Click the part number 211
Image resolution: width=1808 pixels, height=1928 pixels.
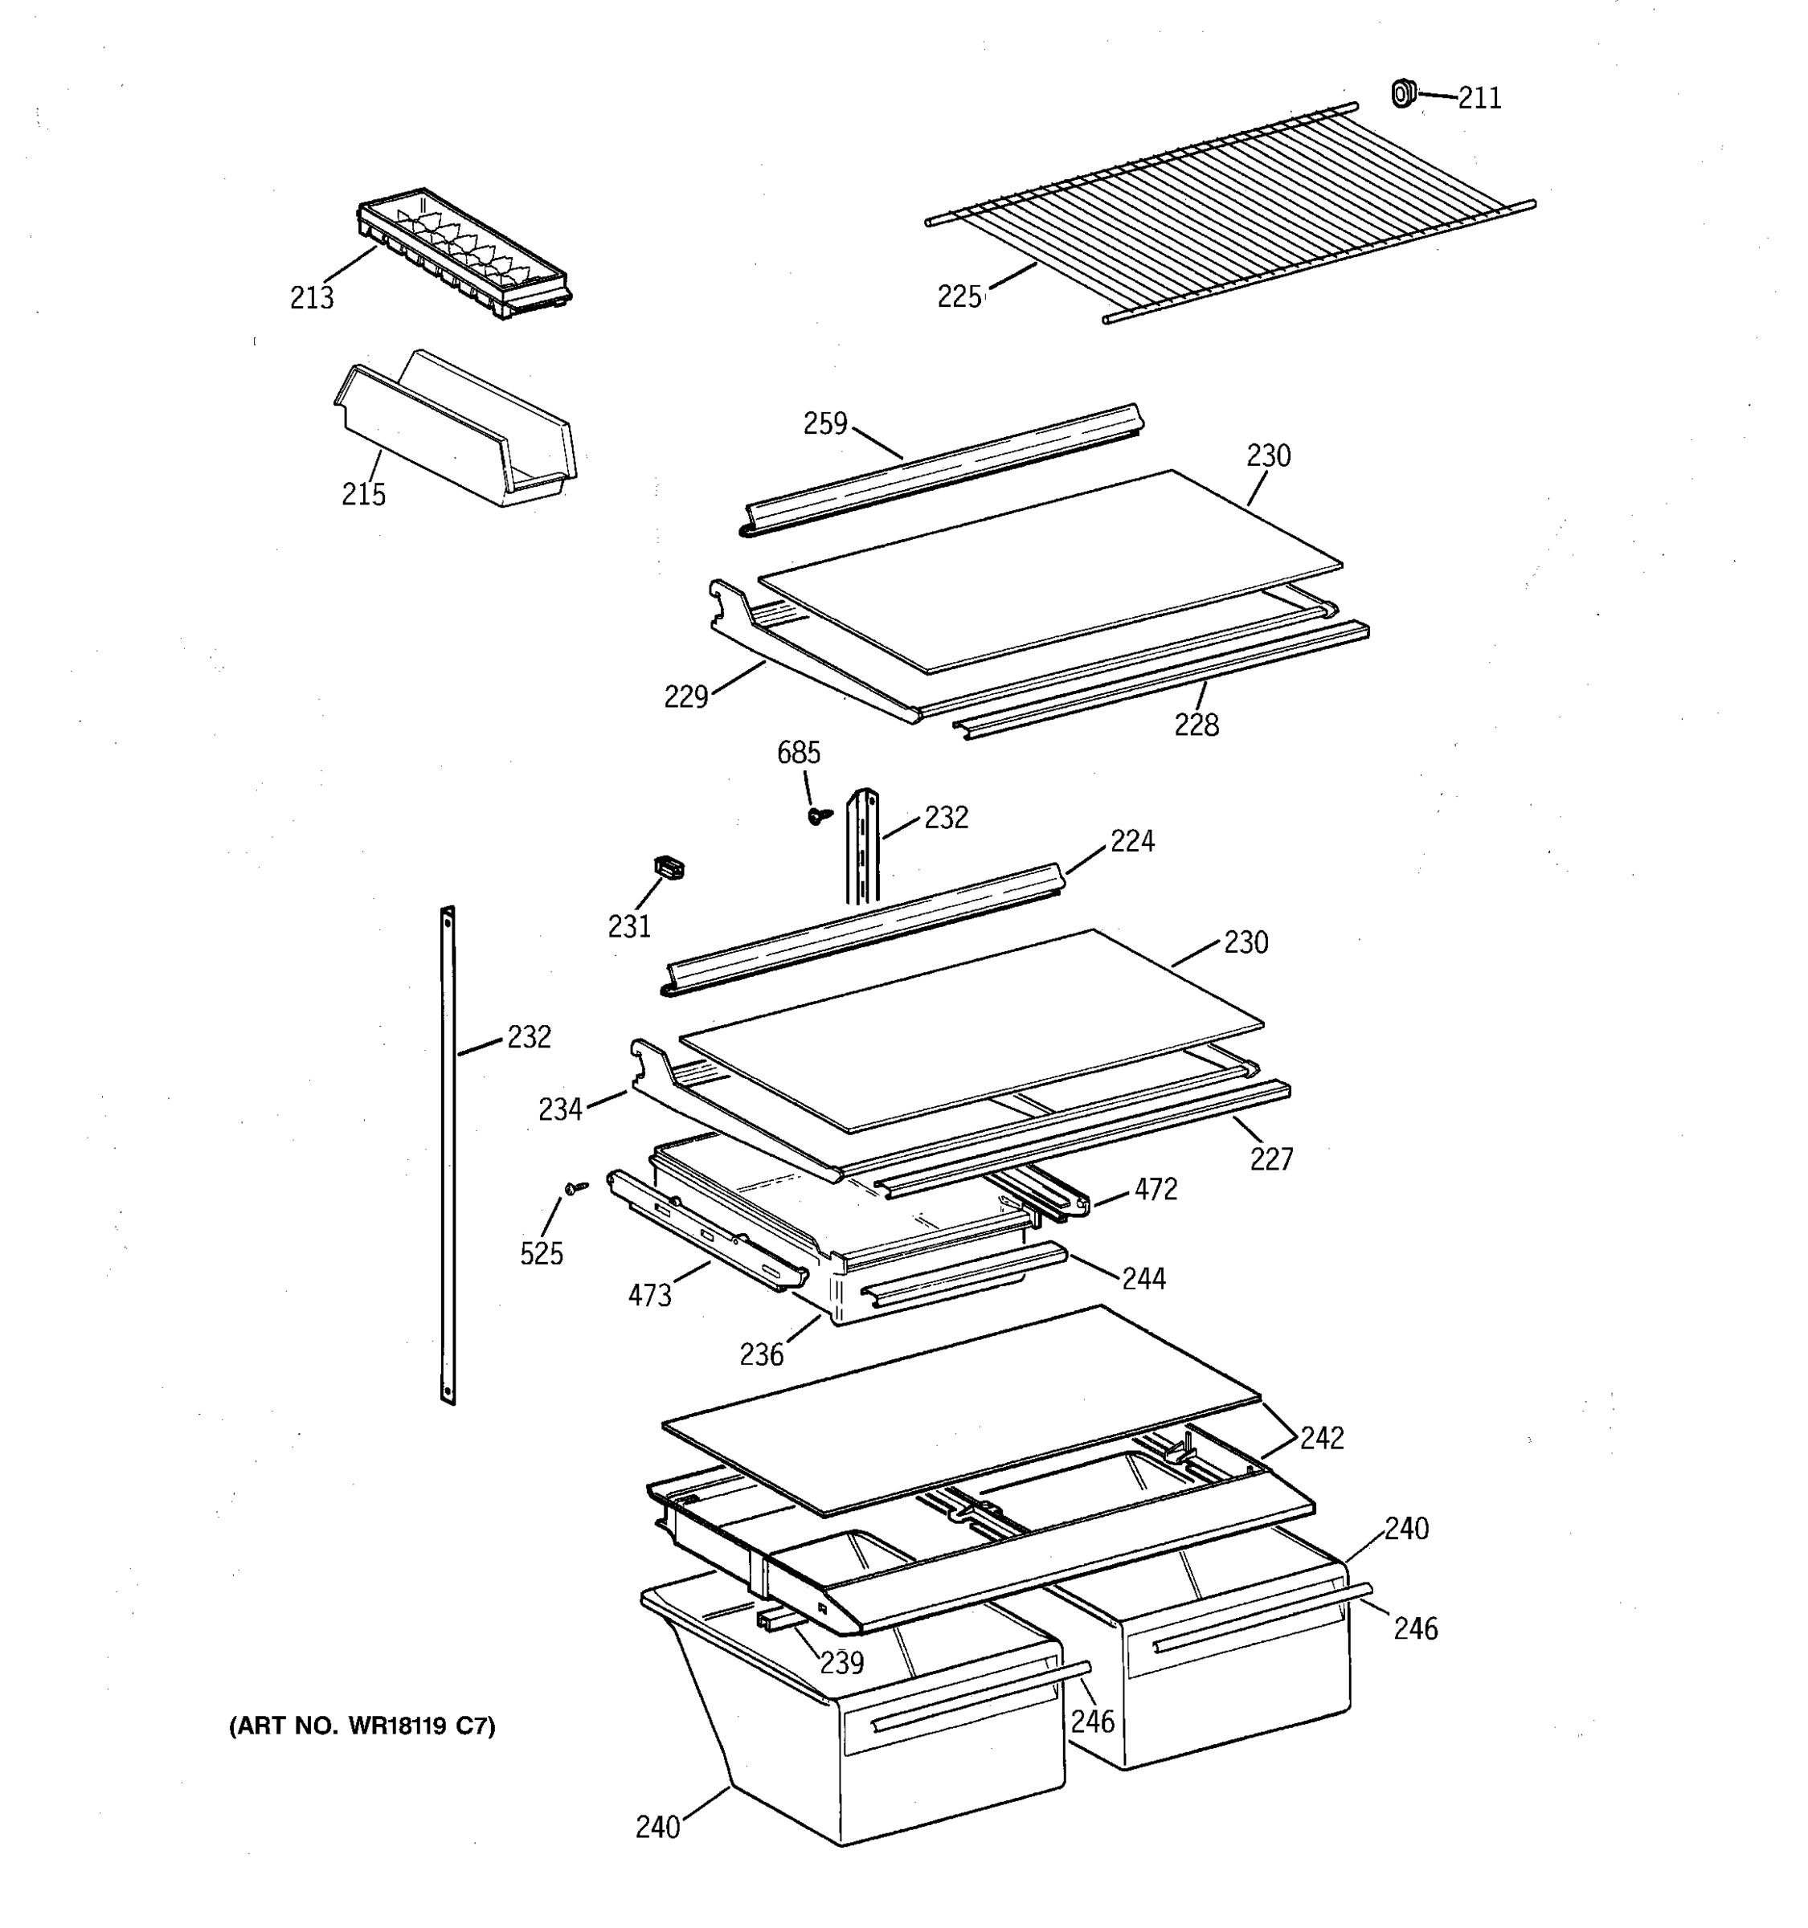(1479, 99)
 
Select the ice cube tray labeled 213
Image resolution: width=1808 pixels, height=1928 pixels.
(464, 254)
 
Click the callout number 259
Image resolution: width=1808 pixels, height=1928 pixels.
(825, 424)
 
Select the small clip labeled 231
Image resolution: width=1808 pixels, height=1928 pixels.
(669, 866)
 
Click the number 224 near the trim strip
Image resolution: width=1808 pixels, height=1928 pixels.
(1132, 842)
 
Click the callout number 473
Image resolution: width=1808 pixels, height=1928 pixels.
(650, 1296)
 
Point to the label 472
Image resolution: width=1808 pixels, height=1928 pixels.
(1156, 1190)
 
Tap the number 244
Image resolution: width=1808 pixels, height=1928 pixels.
(1143, 1279)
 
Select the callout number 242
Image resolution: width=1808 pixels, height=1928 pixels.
(1322, 1438)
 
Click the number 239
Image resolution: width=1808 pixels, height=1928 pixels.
(841, 1663)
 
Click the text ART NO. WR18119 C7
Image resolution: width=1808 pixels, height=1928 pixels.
(362, 1726)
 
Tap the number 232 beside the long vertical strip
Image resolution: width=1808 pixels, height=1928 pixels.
(529, 1038)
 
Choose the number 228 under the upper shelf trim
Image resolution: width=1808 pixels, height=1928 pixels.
(1196, 725)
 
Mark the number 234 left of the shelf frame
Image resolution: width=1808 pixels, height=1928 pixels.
(561, 1109)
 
